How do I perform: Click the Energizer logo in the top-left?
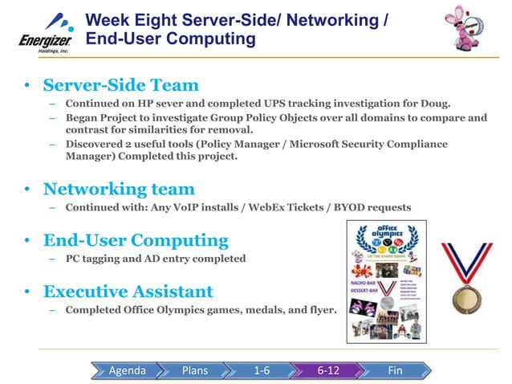coord(45,31)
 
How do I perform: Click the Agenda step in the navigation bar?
coord(127,370)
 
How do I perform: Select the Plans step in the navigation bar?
coord(195,370)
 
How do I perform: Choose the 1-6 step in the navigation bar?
coord(262,370)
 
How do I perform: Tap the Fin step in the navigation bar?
coord(395,370)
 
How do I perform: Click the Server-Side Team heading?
coord(120,85)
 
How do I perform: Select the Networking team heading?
coord(119,189)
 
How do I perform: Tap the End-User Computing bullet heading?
coord(136,240)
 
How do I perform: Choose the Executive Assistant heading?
coord(128,291)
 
